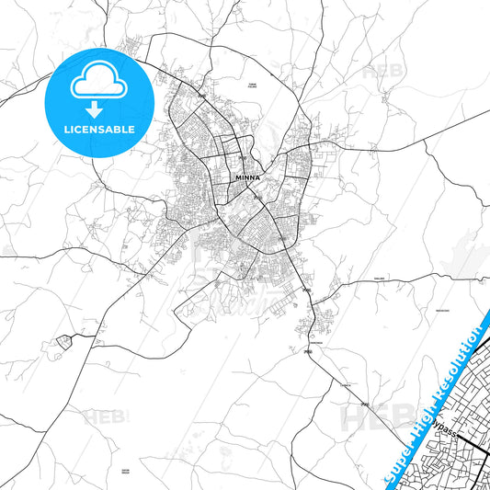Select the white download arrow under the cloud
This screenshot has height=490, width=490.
click(96, 108)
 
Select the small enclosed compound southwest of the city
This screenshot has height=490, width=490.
click(63, 341)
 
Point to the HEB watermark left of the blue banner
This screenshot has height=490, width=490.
click(364, 418)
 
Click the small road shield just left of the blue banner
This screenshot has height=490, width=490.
click(365, 405)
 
